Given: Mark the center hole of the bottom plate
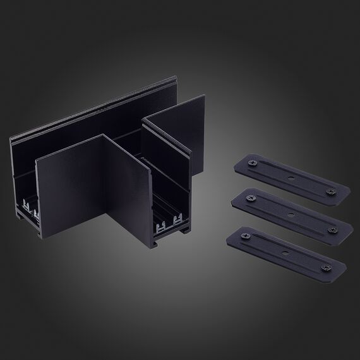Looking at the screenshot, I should [x=285, y=251].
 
